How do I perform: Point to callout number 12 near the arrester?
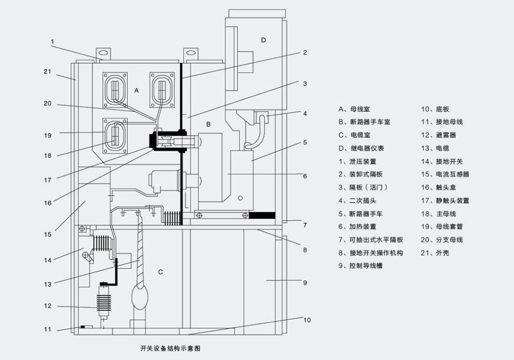coord(48,306)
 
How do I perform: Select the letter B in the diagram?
coord(208,124)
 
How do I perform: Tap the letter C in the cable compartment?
coord(160,272)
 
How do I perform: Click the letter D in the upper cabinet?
coord(263,40)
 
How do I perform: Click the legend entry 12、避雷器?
coord(438,135)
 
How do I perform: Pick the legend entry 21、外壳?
coord(435,253)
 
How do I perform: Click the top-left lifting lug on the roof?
coord(104,52)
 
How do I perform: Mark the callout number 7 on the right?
coord(305,225)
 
